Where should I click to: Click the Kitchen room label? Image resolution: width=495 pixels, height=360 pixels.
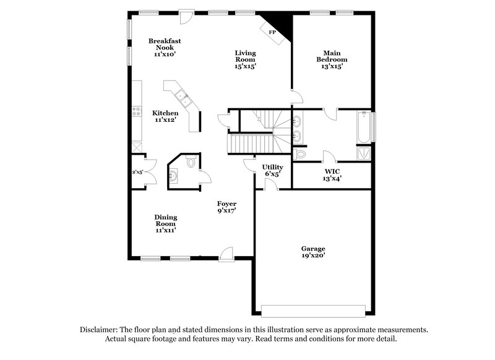click(x=165, y=117)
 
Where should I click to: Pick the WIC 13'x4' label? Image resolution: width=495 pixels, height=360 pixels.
click(x=332, y=174)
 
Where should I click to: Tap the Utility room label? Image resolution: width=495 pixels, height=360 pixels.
click(x=272, y=170)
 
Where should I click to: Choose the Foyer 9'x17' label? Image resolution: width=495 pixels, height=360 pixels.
click(x=226, y=207)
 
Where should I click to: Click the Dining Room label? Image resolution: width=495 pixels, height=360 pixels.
click(x=166, y=223)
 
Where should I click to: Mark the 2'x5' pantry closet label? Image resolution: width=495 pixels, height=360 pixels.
click(x=137, y=172)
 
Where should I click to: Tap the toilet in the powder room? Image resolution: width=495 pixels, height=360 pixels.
click(x=191, y=163)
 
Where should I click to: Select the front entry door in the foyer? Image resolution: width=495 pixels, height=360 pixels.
click(x=226, y=253)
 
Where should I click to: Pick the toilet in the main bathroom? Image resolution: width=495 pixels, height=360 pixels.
click(x=301, y=153)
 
